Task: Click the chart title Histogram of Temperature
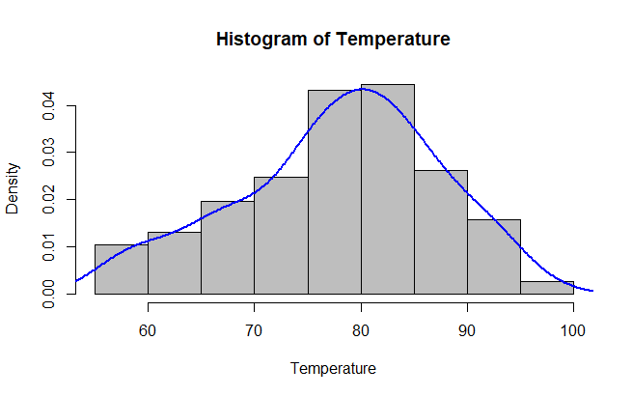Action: pyautogui.click(x=334, y=41)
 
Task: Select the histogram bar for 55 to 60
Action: pyautogui.click(x=122, y=269)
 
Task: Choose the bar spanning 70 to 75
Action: pyautogui.click(x=281, y=236)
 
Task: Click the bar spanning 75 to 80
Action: pyautogui.click(x=334, y=192)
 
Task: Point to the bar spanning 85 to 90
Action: pyautogui.click(x=440, y=232)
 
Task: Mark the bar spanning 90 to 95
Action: pyautogui.click(x=493, y=257)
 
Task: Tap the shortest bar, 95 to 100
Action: pyautogui.click(x=546, y=288)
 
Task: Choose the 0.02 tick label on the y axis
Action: pyautogui.click(x=49, y=199)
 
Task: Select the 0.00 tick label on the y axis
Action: pyautogui.click(x=49, y=294)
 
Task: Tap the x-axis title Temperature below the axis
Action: pyautogui.click(x=334, y=368)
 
